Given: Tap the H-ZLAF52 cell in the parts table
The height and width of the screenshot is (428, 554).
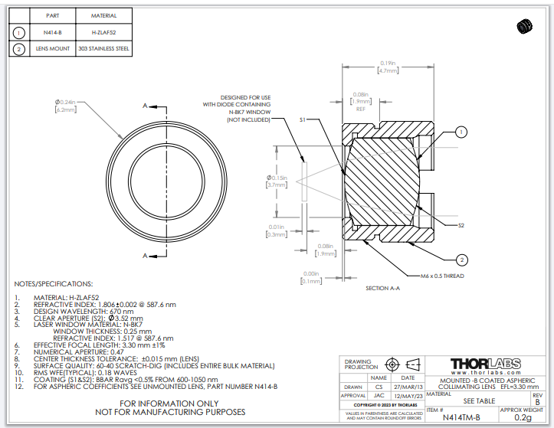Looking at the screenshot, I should click(103, 32).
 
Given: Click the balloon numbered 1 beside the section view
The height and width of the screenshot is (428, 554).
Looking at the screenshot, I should click(461, 132).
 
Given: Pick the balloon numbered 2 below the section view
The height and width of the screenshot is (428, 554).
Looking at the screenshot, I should click(461, 259).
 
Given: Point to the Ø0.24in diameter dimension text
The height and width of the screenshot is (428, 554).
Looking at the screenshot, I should click(66, 102).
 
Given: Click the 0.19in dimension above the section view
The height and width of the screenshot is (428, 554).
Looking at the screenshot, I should click(387, 63).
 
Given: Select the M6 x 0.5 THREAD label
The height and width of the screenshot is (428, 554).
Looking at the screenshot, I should click(442, 276).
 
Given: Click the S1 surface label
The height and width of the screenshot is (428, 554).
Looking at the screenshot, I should click(303, 120).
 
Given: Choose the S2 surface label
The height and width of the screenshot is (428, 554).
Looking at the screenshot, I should click(461, 226).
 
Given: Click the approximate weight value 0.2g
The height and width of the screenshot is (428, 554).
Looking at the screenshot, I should click(523, 417).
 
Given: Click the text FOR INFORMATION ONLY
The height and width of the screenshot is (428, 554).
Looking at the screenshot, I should click(169, 403).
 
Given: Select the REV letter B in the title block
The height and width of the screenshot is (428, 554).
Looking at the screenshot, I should click(536, 401).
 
